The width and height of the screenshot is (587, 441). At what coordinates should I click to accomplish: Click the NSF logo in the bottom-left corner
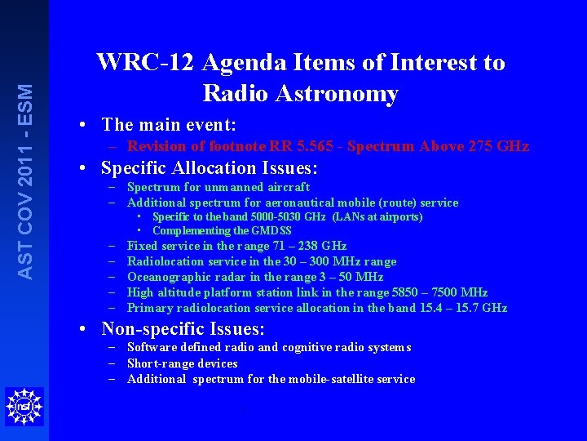pyautogui.click(x=23, y=407)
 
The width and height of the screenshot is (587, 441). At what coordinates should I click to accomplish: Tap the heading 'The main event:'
pyautogui.click(x=169, y=125)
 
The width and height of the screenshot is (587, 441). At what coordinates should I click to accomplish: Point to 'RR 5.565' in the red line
pyautogui.click(x=299, y=147)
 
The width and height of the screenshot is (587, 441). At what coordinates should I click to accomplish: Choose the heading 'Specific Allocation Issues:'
pyautogui.click(x=210, y=168)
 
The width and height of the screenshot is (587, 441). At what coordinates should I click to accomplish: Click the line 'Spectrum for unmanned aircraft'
pyautogui.click(x=218, y=187)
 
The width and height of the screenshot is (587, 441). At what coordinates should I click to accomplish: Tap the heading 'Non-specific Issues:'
pyautogui.click(x=183, y=329)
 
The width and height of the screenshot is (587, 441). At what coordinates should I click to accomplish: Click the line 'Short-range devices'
pyautogui.click(x=183, y=363)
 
